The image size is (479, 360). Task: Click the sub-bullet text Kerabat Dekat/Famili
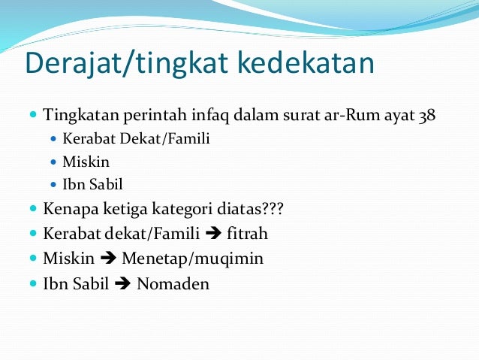tap(127, 139)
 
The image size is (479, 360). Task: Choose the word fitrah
tap(247, 234)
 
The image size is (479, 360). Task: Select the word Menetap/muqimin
tap(192, 259)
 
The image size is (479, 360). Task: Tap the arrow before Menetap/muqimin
tap(108, 259)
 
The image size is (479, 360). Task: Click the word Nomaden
tap(173, 285)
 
